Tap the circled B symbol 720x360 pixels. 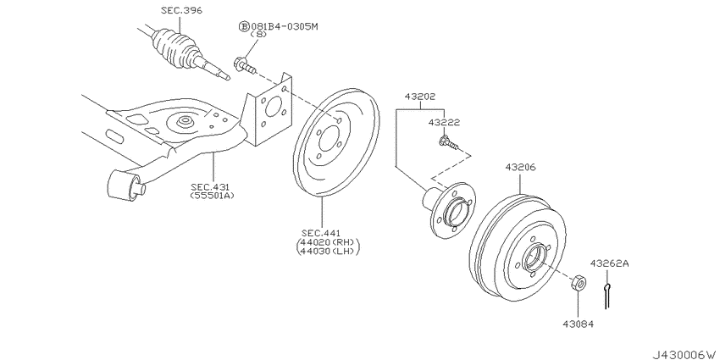pyautogui.click(x=244, y=26)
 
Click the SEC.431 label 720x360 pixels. pyautogui.click(x=210, y=186)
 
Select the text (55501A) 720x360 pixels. pyautogui.click(x=210, y=196)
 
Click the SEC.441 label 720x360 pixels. pyautogui.click(x=324, y=232)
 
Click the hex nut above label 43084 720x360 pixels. pyautogui.click(x=573, y=281)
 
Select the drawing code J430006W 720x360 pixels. pyautogui.click(x=677, y=349)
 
